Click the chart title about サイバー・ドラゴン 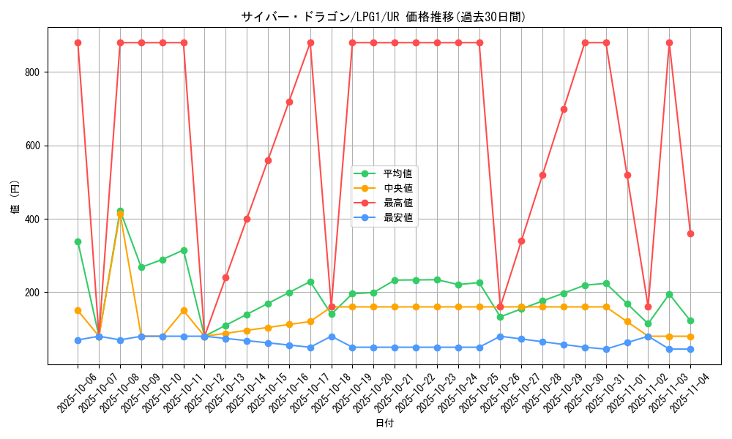383,17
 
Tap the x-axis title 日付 384,424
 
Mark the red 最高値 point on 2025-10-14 247,219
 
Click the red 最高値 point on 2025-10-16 289,102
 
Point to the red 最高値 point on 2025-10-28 542,175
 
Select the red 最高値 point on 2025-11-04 690,233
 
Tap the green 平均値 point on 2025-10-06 78,241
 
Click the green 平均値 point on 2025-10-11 184,250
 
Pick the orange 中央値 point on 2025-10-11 184,310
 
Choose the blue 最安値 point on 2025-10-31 606,349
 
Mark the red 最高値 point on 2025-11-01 627,175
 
